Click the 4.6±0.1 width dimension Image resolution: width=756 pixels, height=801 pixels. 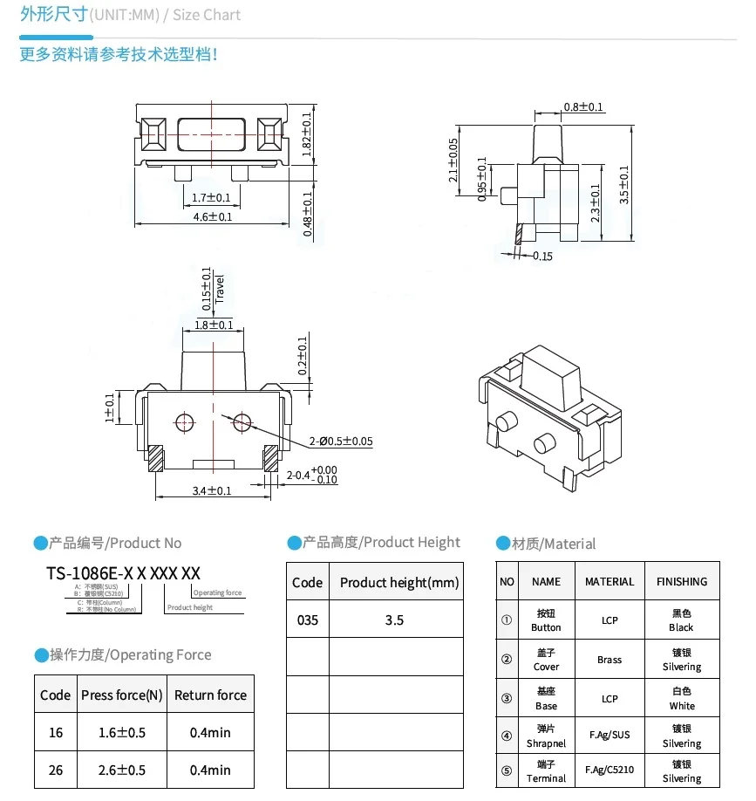212,216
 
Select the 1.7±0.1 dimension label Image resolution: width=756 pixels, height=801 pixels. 211,197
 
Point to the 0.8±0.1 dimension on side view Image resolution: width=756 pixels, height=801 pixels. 583,107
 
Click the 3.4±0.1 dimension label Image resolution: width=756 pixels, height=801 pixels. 212,490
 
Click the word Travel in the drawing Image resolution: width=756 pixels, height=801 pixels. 220,289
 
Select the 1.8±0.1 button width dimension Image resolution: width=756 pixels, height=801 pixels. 214,325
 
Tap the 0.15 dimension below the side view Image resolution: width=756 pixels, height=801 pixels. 541,256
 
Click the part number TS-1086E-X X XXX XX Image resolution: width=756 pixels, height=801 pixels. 123,573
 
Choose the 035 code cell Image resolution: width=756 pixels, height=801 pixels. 307,620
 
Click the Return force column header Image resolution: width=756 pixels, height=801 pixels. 210,695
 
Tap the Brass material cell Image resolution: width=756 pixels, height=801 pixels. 610,660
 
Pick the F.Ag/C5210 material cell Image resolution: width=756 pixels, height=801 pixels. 610,772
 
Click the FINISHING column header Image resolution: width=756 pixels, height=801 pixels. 682,581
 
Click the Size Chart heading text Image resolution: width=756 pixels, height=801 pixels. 207,15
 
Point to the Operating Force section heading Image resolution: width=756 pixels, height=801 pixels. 131,655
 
